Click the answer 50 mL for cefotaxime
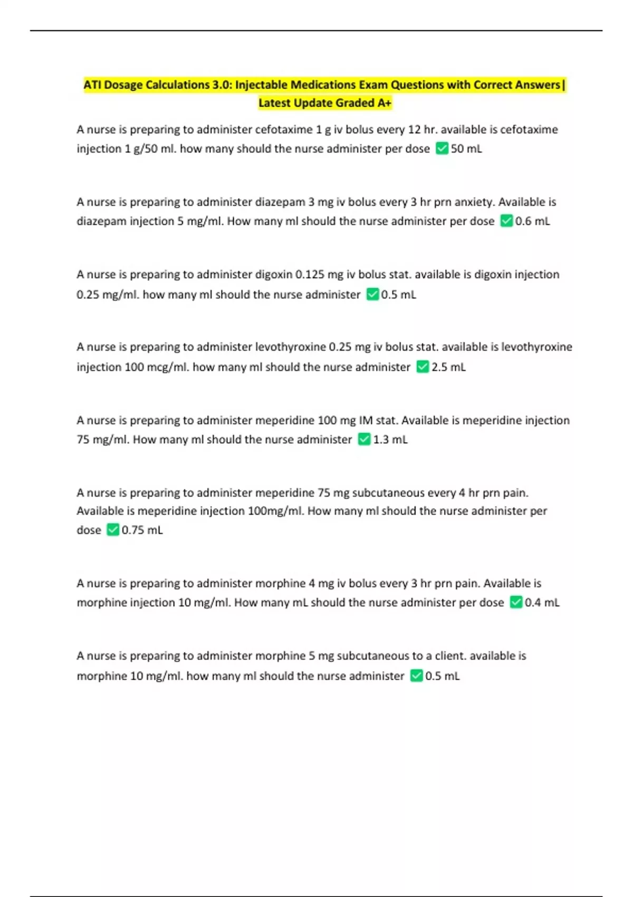(x=466, y=149)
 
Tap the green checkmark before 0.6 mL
(x=506, y=221)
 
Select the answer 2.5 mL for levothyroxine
(x=448, y=367)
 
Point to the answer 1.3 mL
(x=390, y=440)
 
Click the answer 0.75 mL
(x=142, y=530)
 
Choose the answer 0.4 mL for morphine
(x=542, y=603)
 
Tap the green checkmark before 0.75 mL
(x=113, y=530)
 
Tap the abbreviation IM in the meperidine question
(x=366, y=421)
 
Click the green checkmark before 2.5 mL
(x=423, y=367)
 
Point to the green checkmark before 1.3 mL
(x=364, y=439)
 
